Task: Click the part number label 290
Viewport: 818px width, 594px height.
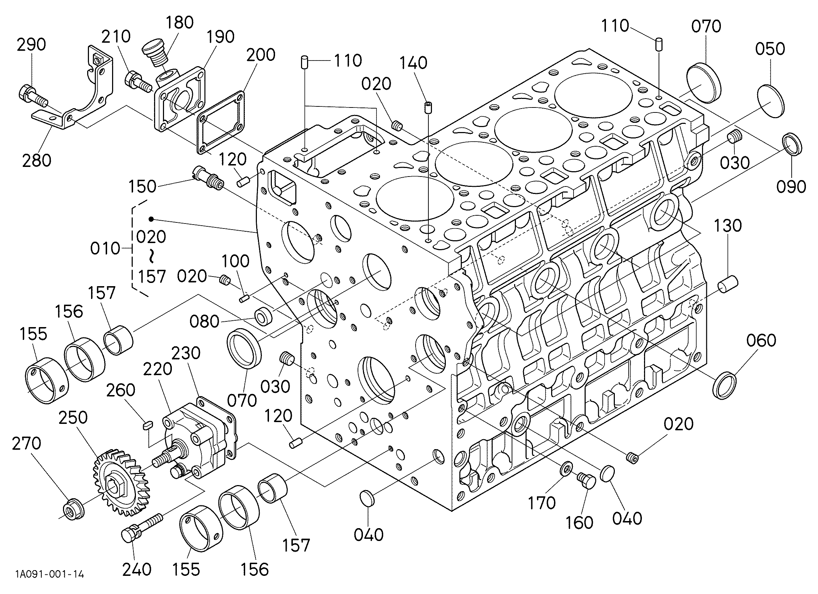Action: (31, 45)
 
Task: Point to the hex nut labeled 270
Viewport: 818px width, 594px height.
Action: (73, 510)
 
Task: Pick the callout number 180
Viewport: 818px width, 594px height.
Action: (180, 22)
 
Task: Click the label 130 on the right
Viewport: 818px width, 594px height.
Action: (728, 226)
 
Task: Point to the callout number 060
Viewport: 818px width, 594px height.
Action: (761, 341)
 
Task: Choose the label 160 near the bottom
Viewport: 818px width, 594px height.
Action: (579, 522)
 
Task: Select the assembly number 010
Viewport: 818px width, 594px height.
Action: (105, 249)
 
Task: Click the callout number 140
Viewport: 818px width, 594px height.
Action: (413, 63)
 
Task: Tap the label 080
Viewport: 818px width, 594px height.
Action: (205, 321)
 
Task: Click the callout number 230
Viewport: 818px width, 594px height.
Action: (186, 353)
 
